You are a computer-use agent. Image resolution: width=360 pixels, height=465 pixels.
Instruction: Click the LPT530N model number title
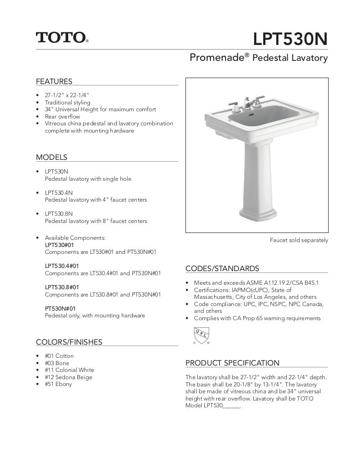(290, 39)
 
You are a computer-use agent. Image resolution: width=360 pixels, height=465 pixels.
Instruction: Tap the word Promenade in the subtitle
(217, 58)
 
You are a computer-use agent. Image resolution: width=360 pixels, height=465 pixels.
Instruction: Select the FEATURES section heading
(54, 82)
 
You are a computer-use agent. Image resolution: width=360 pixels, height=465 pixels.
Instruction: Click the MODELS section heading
(51, 158)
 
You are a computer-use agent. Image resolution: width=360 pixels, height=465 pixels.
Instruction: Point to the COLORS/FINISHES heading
(69, 342)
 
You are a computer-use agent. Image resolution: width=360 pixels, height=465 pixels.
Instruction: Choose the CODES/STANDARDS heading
(222, 269)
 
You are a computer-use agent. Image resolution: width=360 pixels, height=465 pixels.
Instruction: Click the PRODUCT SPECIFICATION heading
(232, 363)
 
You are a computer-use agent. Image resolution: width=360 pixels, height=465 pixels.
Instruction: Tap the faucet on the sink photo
(248, 104)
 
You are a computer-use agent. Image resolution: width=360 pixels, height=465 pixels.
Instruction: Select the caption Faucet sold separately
(299, 240)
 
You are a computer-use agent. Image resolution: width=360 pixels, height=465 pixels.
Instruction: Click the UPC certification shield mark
(201, 336)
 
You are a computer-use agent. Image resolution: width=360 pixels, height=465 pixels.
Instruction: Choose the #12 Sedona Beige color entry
(68, 377)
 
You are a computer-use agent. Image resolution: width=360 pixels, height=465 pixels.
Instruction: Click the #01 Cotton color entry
(59, 356)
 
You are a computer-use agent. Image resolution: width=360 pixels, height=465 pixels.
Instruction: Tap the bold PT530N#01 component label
(60, 308)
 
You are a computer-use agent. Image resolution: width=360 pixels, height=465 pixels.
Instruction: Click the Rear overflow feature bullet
(62, 117)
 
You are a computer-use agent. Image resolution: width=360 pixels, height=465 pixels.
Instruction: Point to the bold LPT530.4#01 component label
(62, 266)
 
